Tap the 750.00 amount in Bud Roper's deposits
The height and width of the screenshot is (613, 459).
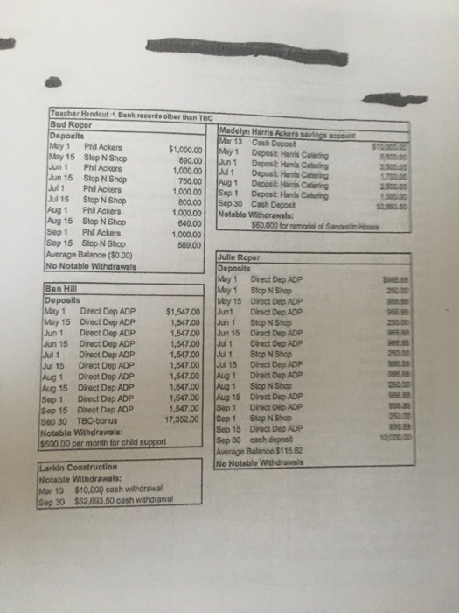pos(185,181)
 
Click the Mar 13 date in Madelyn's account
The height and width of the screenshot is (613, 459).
pos(226,141)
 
